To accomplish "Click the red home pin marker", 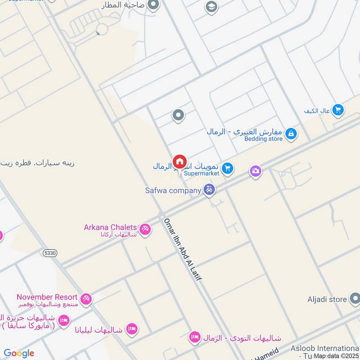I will coord(180,162).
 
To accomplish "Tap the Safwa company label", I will coord(173,190).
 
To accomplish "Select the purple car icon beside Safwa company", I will coord(209,190).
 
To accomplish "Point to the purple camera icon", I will coord(256,171).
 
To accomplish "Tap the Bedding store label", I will coord(264,139).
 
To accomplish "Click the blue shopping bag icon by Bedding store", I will coord(291,134).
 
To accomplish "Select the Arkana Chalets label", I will coord(110,227).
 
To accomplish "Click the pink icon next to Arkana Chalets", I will coord(145,229).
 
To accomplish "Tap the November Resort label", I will coord(47,297).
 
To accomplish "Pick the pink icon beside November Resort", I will coord(86,298).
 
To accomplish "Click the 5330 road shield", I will coord(50,254).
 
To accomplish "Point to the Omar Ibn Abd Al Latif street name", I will coord(183,250).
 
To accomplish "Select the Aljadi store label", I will coord(327,299).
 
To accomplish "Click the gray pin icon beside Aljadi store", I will coord(355,298).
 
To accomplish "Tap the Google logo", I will coord(19,353).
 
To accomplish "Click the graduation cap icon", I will coord(210,6).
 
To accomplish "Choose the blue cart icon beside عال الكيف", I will coord(338,109).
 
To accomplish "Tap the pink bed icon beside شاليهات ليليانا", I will coord(131,328).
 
